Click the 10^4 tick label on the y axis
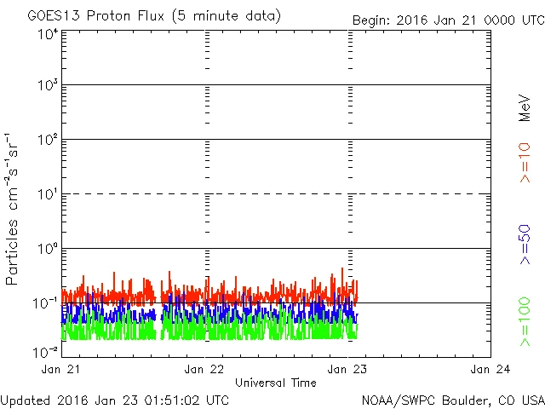[48, 35]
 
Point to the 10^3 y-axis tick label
[48, 85]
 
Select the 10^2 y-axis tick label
[48, 140]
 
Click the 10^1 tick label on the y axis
[48, 194]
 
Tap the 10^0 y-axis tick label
[48, 249]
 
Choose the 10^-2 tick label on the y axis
[46, 351]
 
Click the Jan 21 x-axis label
[60, 370]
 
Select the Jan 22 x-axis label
[204, 370]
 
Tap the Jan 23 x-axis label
[347, 370]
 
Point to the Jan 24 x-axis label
[490, 370]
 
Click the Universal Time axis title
[275, 382]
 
